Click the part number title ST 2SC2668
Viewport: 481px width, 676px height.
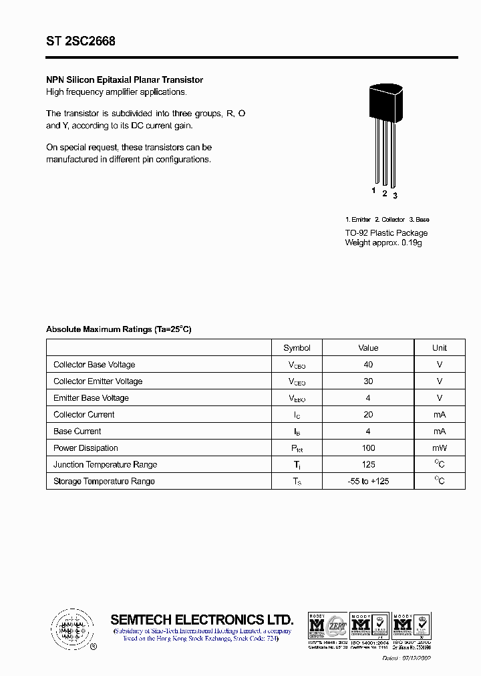point(81,41)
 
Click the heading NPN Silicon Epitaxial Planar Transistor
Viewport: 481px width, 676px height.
point(124,79)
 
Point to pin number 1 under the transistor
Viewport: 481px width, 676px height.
point(374,191)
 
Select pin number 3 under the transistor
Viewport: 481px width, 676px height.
point(395,195)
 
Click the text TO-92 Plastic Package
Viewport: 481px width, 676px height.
point(386,232)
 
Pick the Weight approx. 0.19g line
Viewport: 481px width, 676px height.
point(383,242)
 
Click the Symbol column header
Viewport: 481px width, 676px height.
point(297,348)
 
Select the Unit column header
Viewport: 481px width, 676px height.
point(439,348)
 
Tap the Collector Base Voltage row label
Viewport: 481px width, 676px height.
point(94,365)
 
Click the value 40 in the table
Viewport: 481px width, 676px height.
point(368,365)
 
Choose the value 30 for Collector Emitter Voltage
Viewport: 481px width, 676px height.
point(368,381)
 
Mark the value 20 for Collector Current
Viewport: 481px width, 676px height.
point(368,415)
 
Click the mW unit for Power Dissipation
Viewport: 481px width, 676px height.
point(439,448)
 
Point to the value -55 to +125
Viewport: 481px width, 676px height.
point(368,482)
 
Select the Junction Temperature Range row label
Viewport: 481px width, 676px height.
point(105,465)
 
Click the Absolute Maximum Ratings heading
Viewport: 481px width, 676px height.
point(118,329)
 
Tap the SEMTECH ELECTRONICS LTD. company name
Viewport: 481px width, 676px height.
point(202,619)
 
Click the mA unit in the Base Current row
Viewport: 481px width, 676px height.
point(439,432)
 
